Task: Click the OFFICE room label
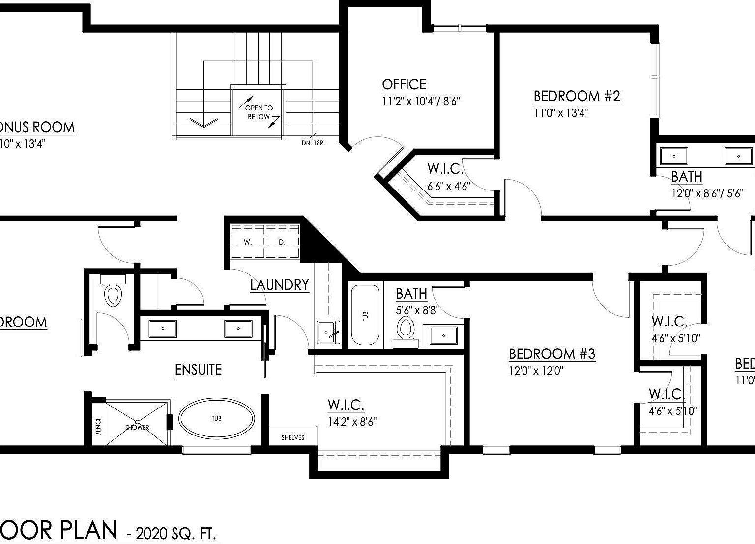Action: (x=404, y=84)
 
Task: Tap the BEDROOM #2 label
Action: (x=577, y=96)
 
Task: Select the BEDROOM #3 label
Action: (x=552, y=354)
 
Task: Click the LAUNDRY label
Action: (x=279, y=285)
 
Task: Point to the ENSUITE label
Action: (x=198, y=369)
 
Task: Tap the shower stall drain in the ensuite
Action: (x=138, y=422)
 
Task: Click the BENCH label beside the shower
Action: (x=98, y=425)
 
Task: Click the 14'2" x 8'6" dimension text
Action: (x=352, y=421)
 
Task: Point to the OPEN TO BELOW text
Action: (x=259, y=112)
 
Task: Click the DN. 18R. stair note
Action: (x=313, y=143)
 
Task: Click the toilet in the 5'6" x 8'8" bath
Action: (x=406, y=328)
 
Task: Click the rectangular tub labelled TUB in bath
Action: (x=365, y=316)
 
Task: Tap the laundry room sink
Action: (x=328, y=332)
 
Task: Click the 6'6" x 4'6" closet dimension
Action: (x=448, y=186)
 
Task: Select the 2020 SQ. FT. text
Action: (x=175, y=533)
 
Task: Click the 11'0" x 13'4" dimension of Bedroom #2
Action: (x=561, y=112)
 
